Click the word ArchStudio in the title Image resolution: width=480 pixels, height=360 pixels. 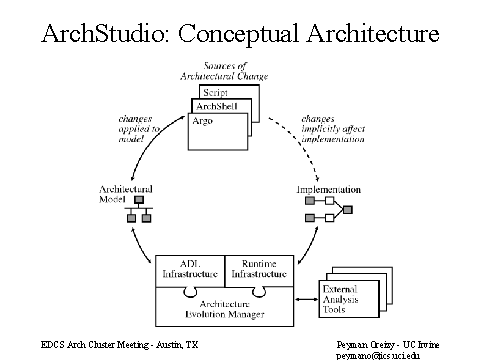click(x=103, y=33)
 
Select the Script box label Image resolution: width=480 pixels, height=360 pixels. click(x=215, y=92)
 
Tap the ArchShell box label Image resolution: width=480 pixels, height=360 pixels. click(x=217, y=106)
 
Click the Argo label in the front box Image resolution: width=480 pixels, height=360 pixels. click(x=202, y=121)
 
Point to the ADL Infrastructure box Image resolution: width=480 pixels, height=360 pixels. click(x=190, y=271)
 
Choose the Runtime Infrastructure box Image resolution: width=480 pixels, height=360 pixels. click(x=259, y=271)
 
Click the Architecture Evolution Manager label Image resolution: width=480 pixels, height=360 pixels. click(x=225, y=309)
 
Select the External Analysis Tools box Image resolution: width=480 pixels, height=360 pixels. click(x=349, y=299)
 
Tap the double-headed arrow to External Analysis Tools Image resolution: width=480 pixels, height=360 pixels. click(x=307, y=299)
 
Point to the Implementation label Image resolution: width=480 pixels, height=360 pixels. click(x=329, y=190)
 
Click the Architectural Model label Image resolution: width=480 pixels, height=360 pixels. click(x=126, y=194)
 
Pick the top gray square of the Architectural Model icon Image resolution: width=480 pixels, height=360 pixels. click(x=139, y=200)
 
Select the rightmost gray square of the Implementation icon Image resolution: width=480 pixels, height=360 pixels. click(x=348, y=210)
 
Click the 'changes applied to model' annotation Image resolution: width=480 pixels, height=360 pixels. click(x=139, y=129)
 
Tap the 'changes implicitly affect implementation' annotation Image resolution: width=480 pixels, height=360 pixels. click(x=333, y=129)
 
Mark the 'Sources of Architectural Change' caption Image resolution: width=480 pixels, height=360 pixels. click(x=224, y=71)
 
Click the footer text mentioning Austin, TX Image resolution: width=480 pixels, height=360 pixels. click(x=119, y=344)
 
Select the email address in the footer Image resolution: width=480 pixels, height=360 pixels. click(x=378, y=356)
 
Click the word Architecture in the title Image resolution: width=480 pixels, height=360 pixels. click(x=373, y=33)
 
